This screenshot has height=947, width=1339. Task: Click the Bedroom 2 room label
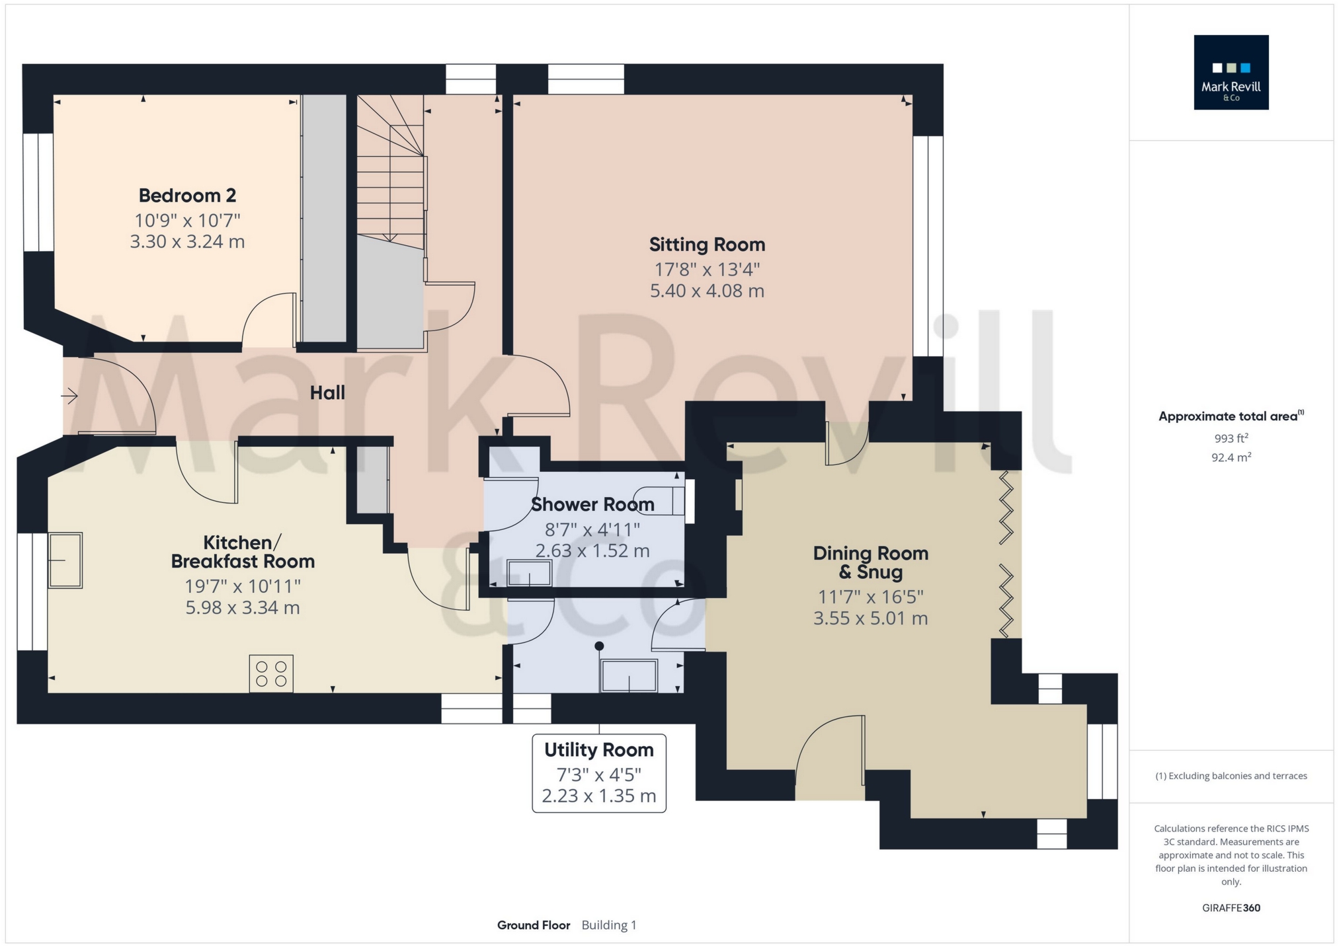pyautogui.click(x=187, y=196)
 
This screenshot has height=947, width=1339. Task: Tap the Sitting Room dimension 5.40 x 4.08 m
pyautogui.click(x=707, y=291)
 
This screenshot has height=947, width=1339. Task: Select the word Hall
pyautogui.click(x=327, y=393)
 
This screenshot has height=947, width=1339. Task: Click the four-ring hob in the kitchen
pyautogui.click(x=271, y=673)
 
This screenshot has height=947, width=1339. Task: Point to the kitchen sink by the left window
pyautogui.click(x=65, y=560)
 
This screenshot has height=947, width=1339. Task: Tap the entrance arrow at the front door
pyautogui.click(x=70, y=397)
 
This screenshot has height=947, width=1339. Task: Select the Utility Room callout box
pyautogui.click(x=599, y=773)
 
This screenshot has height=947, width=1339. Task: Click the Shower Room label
pyautogui.click(x=592, y=505)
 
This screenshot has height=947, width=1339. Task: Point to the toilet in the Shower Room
pyautogui.click(x=658, y=501)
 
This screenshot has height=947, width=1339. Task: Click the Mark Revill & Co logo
pyautogui.click(x=1231, y=73)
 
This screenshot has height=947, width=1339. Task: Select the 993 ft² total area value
pyautogui.click(x=1231, y=438)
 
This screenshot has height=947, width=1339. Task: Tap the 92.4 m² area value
pyautogui.click(x=1231, y=457)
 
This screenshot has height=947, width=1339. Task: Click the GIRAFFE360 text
pyautogui.click(x=1231, y=908)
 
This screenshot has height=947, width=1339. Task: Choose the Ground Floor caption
pyautogui.click(x=534, y=925)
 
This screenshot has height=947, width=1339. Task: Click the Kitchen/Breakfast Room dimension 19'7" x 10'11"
pyautogui.click(x=243, y=586)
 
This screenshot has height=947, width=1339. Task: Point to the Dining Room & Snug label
pyautogui.click(x=870, y=562)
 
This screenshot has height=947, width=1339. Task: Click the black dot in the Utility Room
pyautogui.click(x=599, y=646)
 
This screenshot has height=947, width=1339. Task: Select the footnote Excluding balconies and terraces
pyautogui.click(x=1231, y=776)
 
